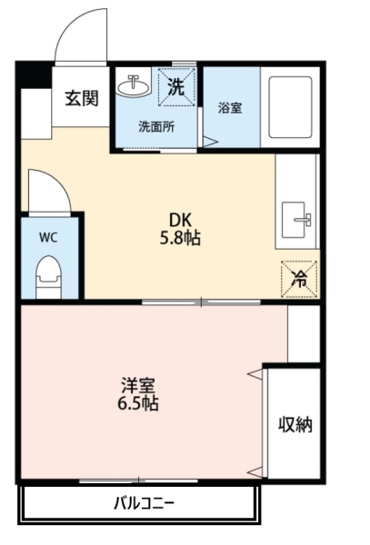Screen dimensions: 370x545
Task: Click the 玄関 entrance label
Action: coord(82,98)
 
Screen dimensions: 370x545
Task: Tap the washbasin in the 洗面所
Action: coord(134,85)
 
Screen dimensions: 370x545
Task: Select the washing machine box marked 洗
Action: coord(176,87)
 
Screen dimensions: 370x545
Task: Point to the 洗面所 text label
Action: coord(156,127)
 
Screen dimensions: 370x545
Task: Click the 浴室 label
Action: coord(230,108)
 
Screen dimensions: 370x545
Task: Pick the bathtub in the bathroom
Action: coord(290,107)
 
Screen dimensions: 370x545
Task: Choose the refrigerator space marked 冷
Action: coord(300,279)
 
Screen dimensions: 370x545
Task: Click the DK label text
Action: coord(180,220)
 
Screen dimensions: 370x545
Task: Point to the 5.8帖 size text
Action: coord(180,238)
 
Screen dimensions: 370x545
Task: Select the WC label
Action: coord(48,238)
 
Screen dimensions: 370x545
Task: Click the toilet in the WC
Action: coord(49,277)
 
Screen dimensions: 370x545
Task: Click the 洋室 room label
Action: coord(138,385)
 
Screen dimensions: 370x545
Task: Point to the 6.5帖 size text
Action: coord(138,403)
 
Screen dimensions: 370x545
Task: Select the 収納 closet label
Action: coord(295,424)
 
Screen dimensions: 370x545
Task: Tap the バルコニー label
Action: coord(144,503)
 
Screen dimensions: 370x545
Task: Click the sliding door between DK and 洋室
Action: coord(201,302)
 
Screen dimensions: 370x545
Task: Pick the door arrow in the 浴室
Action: coord(211,142)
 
